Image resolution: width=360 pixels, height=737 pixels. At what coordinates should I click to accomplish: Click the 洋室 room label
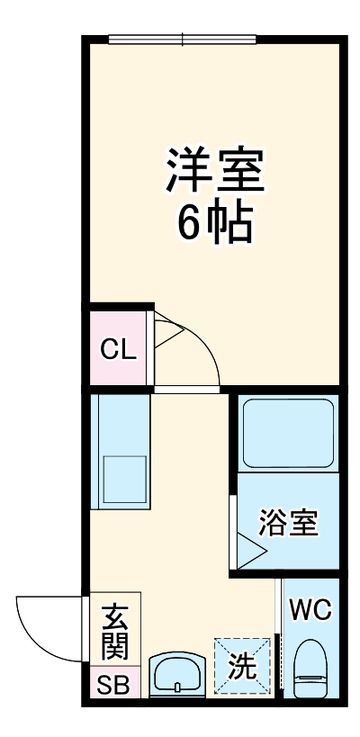click(214, 169)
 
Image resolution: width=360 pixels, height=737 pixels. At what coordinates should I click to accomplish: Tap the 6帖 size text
click(213, 224)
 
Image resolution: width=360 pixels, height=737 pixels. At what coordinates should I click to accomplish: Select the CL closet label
click(118, 349)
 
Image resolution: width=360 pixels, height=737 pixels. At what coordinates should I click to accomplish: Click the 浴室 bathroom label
click(289, 523)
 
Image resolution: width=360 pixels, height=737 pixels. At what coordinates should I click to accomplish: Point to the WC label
click(310, 610)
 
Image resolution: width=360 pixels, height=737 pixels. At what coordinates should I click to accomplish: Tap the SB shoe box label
click(113, 685)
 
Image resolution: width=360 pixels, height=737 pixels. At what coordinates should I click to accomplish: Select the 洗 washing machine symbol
click(242, 667)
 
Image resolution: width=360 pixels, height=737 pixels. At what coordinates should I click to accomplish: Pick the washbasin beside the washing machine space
click(176, 674)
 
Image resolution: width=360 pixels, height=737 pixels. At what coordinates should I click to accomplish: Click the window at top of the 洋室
click(184, 39)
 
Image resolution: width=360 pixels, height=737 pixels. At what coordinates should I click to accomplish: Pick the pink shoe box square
click(113, 685)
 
